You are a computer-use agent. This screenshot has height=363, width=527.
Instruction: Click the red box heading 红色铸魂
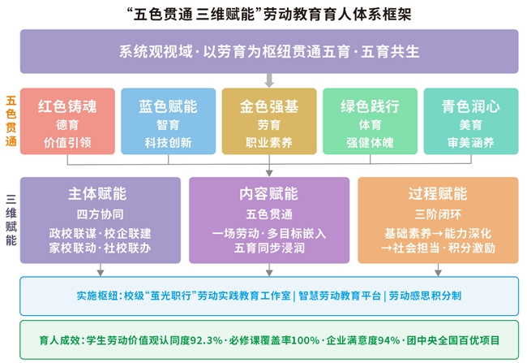[x=67, y=106]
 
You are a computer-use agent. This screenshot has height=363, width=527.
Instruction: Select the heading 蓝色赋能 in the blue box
[x=168, y=106]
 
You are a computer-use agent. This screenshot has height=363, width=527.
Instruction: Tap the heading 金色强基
[x=269, y=106]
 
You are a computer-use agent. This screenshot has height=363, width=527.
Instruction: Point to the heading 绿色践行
[x=370, y=106]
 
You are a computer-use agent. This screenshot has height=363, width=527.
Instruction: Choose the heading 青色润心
[x=471, y=106]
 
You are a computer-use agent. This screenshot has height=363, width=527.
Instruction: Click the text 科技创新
[x=168, y=142]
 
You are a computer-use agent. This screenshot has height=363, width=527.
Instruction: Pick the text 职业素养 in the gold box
[x=269, y=142]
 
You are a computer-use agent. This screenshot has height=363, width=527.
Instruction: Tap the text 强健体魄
[x=370, y=142]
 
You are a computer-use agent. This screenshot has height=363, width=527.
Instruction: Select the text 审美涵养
[x=471, y=142]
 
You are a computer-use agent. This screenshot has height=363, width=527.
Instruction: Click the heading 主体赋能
[x=97, y=193]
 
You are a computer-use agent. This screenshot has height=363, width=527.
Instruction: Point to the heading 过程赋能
[x=438, y=193]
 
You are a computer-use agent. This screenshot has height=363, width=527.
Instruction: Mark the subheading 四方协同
[x=101, y=214]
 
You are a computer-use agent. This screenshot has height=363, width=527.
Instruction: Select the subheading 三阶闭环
[x=438, y=214]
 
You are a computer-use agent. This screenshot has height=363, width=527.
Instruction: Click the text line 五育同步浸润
[x=269, y=248]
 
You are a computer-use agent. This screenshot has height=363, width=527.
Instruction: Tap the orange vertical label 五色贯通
[x=11, y=121]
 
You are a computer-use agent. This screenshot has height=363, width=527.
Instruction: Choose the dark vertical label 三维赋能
[x=11, y=220]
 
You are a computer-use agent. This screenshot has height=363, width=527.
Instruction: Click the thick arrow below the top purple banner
[x=269, y=80]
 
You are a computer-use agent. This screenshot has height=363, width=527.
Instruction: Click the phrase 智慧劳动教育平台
[x=340, y=296]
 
